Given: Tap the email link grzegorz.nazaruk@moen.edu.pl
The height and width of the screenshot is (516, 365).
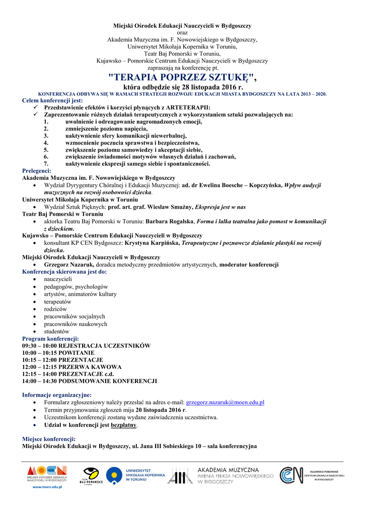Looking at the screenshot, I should click(225, 403).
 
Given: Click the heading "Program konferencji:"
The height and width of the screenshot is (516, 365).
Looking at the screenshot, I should click(50, 339).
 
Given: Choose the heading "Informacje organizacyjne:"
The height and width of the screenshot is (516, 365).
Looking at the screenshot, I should click(57, 395).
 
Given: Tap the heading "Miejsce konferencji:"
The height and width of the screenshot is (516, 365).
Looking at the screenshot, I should click(48, 439).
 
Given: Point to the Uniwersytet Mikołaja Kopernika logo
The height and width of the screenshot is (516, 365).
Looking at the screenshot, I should click(136, 475).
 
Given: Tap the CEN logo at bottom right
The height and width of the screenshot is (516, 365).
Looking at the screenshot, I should click(312, 475).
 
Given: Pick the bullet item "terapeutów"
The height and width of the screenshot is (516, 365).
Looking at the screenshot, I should click(57, 301).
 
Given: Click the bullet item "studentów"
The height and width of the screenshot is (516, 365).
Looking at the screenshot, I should click(56, 332).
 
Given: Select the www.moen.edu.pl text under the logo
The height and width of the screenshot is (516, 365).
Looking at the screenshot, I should click(47, 488).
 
